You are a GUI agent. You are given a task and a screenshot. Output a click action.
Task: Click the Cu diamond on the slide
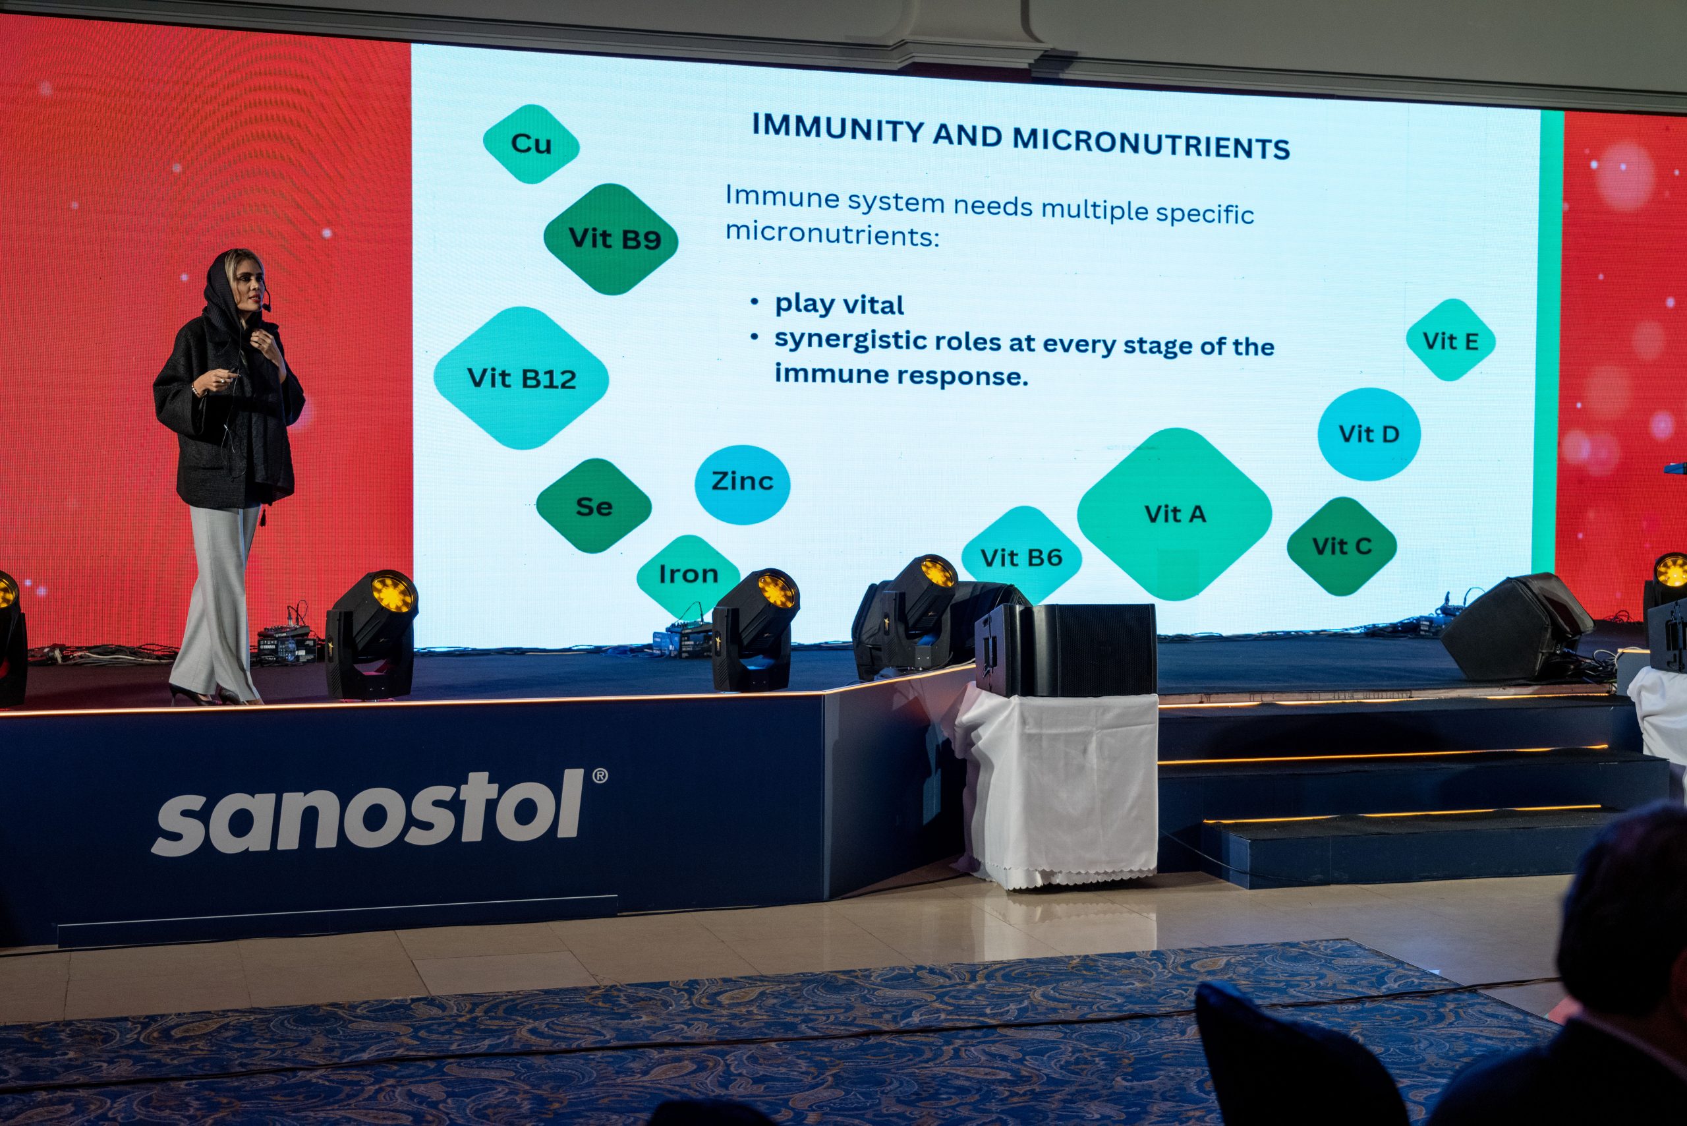[x=531, y=144]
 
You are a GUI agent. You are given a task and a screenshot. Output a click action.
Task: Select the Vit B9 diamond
[x=611, y=239]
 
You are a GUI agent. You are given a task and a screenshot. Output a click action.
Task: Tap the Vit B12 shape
[x=521, y=378]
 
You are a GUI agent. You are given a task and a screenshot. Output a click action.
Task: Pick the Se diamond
[x=594, y=506]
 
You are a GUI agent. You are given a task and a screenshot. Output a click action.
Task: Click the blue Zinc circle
[x=742, y=484]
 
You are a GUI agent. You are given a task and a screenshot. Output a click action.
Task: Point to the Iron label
[x=689, y=574]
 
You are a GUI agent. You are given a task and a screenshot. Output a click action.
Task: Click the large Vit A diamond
[x=1174, y=514]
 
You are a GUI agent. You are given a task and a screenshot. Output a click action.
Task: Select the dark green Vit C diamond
[x=1342, y=546]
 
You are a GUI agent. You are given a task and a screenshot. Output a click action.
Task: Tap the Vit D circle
[x=1369, y=433]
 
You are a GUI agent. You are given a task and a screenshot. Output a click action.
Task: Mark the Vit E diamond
[x=1450, y=340]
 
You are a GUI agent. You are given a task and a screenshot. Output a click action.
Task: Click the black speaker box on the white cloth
[x=1066, y=650]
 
